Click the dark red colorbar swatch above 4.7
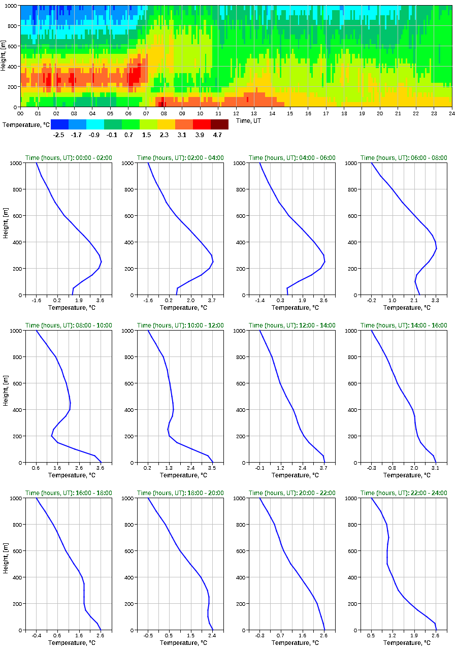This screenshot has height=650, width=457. [219, 124]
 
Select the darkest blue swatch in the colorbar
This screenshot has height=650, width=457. [60, 124]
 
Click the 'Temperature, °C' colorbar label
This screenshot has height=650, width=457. [25, 124]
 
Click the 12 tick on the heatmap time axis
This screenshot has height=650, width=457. [236, 114]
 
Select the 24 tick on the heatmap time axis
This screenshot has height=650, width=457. [451, 114]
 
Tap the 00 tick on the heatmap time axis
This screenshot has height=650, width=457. [21, 114]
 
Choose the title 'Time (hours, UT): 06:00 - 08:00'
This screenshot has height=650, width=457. [404, 158]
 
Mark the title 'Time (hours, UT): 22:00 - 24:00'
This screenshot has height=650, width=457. [404, 493]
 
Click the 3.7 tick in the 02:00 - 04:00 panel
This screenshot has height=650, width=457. [212, 301]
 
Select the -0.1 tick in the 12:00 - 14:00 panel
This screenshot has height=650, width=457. [259, 468]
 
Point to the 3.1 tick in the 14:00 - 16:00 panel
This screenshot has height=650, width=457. [435, 468]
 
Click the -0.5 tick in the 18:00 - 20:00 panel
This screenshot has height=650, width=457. [148, 636]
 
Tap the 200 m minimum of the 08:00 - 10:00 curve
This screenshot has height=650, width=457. [51, 436]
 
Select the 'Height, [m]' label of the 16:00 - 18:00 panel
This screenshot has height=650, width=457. [5, 564]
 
